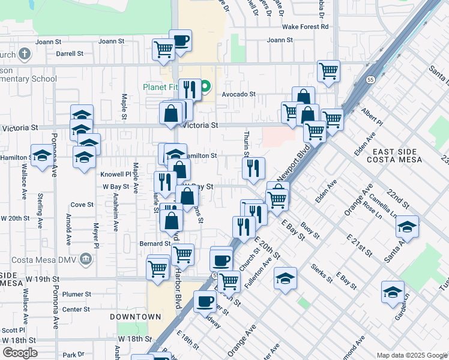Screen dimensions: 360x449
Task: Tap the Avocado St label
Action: pyautogui.click(x=239, y=94)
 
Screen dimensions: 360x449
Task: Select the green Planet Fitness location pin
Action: pyautogui.click(x=205, y=87)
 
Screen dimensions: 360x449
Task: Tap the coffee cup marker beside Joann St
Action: pyautogui.click(x=180, y=41)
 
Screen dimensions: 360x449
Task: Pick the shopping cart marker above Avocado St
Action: pyautogui.click(x=328, y=71)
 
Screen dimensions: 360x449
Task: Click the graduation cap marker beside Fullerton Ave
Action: pyautogui.click(x=285, y=278)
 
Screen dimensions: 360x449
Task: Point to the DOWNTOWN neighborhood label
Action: pyautogui.click(x=135, y=316)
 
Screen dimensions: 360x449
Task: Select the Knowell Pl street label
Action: pyautogui.click(x=115, y=173)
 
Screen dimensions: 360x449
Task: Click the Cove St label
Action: pyautogui.click(x=82, y=205)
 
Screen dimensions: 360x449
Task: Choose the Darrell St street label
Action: pyautogui.click(x=70, y=53)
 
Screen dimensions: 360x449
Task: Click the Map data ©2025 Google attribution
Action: pyautogui.click(x=411, y=355)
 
